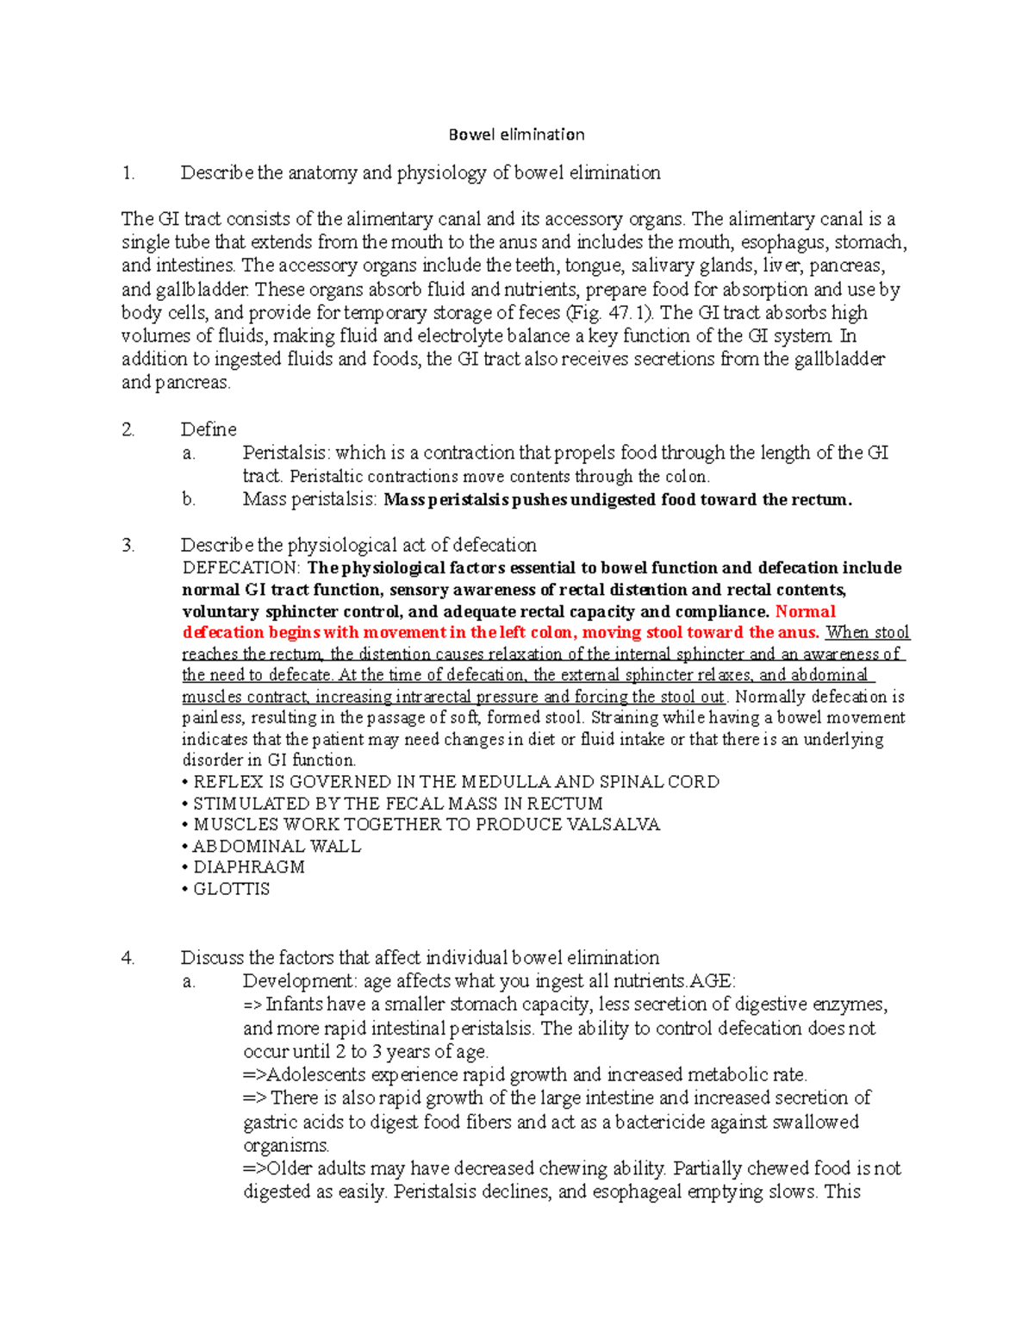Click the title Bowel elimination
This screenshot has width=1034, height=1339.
[x=516, y=135]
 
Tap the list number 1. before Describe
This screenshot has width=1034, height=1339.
[x=128, y=173]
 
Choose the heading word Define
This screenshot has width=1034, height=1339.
[x=209, y=429]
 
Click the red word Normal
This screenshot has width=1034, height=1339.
[x=805, y=611]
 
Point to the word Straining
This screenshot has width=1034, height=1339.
[x=625, y=717]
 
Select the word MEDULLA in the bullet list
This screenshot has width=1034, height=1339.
[x=506, y=782]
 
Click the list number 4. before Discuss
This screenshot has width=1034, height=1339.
[x=128, y=958]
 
